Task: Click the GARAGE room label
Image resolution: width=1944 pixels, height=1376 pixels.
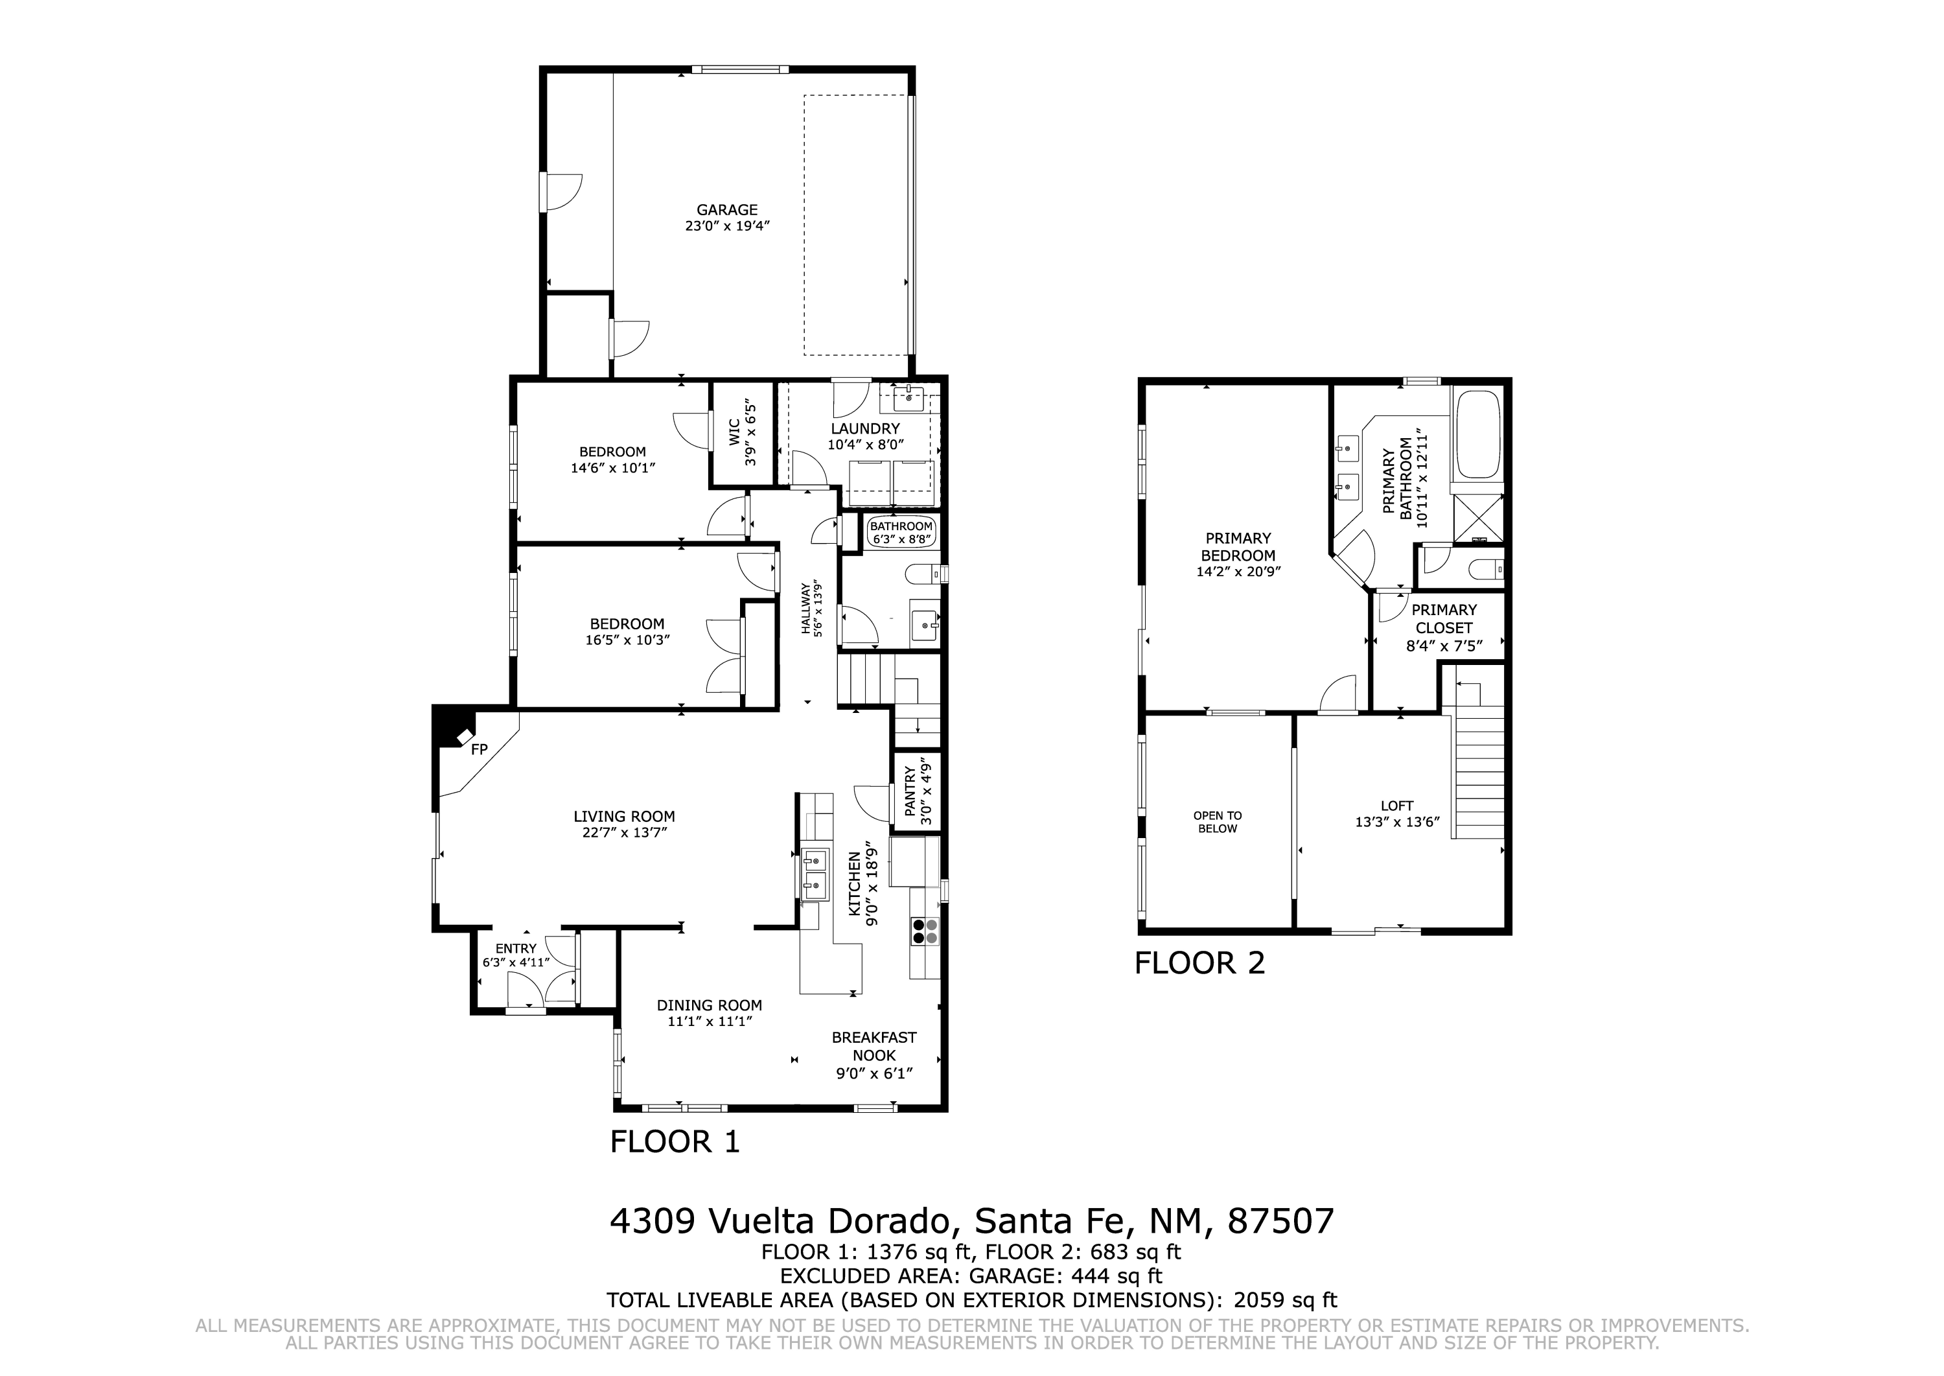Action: point(727,210)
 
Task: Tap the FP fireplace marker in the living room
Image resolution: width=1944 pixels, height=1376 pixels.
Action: point(480,749)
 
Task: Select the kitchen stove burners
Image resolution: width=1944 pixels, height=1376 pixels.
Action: point(925,931)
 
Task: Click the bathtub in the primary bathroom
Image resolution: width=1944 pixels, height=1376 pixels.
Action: point(1479,436)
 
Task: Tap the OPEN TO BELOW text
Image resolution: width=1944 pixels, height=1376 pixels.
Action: point(1217,822)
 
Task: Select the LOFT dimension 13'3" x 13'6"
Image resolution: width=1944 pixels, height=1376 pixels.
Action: point(1397,822)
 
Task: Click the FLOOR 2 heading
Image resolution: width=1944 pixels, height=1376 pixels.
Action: point(1199,963)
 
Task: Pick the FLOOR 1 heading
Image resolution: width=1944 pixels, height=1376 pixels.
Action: point(675,1142)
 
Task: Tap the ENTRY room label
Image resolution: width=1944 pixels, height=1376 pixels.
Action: point(516,949)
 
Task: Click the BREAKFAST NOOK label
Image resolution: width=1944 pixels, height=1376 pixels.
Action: point(874,1046)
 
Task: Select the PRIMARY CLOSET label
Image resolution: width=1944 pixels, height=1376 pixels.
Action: point(1444,618)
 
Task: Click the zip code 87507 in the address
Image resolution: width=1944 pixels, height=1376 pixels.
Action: point(1280,1221)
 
